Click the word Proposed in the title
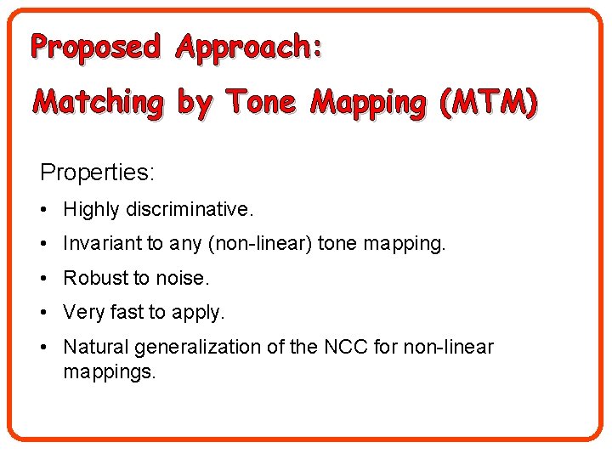point(95,48)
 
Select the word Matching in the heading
point(98,103)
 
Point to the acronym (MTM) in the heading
point(488,103)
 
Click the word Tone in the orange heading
point(260,103)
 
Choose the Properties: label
point(97,173)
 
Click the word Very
point(83,313)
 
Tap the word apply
point(197,314)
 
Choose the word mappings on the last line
point(110,372)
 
